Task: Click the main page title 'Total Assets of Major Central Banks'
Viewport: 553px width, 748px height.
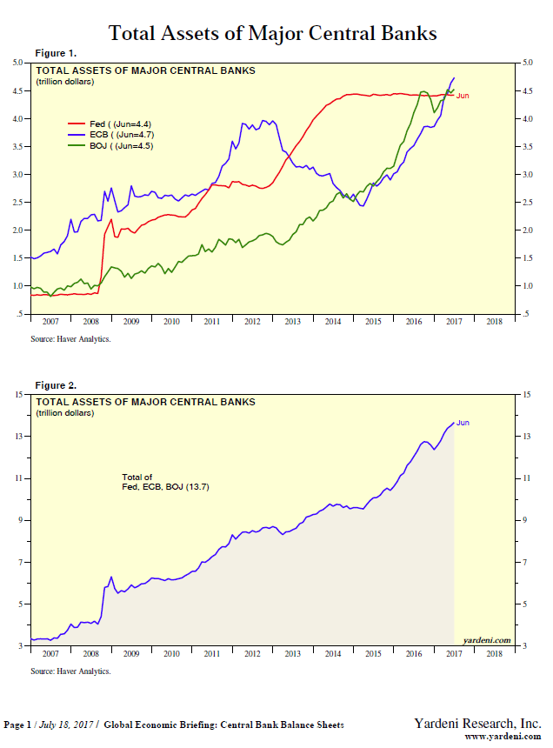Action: (x=272, y=33)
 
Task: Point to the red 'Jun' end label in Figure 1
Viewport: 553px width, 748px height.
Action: (x=463, y=96)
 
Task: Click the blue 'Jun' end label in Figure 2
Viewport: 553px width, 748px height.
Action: (x=463, y=423)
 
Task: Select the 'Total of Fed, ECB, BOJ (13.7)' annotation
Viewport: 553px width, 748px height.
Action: (x=165, y=482)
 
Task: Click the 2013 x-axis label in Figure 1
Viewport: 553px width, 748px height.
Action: (x=292, y=321)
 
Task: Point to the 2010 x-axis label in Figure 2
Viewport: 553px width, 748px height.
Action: (x=171, y=652)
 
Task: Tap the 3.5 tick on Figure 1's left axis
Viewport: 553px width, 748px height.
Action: (x=18, y=146)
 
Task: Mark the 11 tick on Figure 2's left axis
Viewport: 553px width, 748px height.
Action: (x=20, y=478)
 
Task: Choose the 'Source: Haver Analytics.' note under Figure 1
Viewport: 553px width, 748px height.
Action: (x=70, y=339)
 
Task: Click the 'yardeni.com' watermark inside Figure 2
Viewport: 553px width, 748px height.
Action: (x=487, y=639)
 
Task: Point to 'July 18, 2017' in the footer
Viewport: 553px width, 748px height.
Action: (x=65, y=725)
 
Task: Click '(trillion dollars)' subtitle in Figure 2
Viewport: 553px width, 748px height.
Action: (x=65, y=412)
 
